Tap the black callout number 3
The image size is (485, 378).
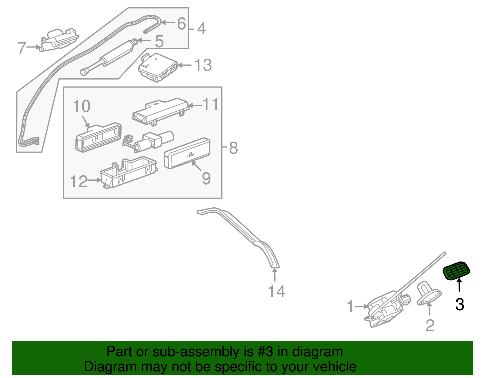tap(460, 304)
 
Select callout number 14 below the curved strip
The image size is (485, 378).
tap(276, 291)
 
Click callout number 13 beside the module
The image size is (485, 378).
tap(203, 65)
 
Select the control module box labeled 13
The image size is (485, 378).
tap(158, 67)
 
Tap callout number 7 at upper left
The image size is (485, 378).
tap(22, 48)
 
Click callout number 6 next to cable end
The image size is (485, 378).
tap(181, 23)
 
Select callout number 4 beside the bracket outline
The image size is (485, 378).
tap(202, 29)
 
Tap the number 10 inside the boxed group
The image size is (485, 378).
tap(82, 106)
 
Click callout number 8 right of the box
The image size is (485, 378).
tap(233, 148)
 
